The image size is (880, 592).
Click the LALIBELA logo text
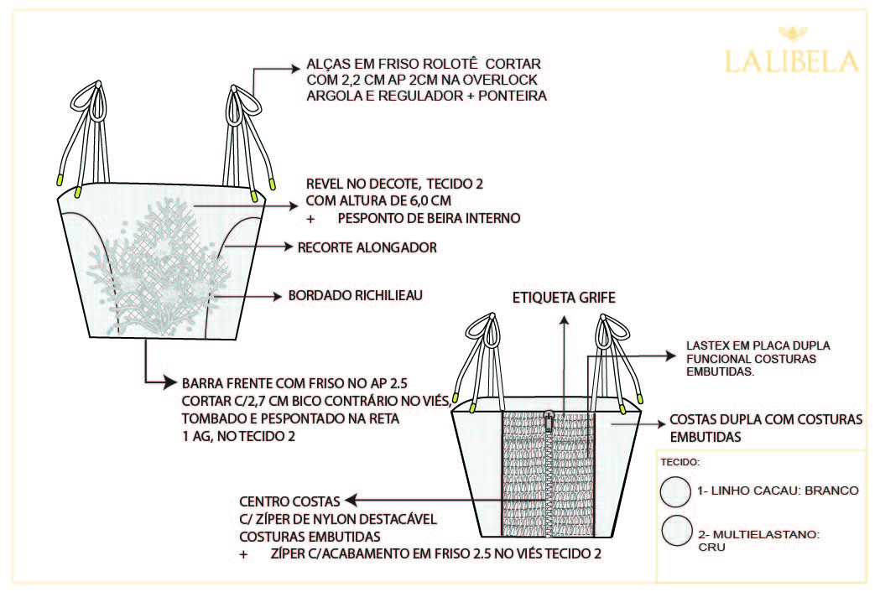[x=791, y=61]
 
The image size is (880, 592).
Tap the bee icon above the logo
[x=791, y=34]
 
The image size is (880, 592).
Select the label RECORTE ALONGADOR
[x=367, y=247]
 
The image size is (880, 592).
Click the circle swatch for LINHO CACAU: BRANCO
[x=674, y=491]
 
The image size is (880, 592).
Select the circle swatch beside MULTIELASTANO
[x=674, y=532]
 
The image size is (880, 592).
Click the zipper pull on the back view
[x=549, y=416]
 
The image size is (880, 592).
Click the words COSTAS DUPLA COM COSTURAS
[x=765, y=420]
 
